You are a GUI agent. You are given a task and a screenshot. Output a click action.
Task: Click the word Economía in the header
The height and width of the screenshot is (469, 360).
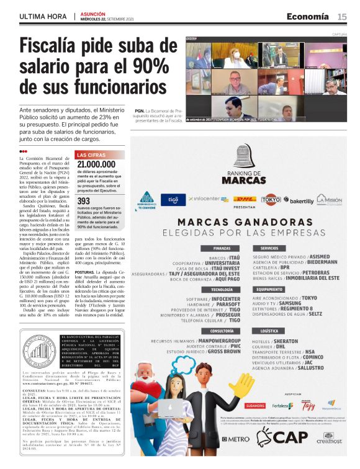point(307,17)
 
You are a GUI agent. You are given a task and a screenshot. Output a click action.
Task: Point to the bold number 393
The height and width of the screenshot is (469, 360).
point(83,201)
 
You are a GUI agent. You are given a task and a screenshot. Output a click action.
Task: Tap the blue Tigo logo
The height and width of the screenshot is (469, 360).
point(169,200)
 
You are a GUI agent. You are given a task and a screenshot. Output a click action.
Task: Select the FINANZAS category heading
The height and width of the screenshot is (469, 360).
point(204,248)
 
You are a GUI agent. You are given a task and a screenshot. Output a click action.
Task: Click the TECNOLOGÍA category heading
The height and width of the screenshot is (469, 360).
point(204,290)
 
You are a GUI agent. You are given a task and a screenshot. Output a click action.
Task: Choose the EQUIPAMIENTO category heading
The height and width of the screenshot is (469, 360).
point(269,290)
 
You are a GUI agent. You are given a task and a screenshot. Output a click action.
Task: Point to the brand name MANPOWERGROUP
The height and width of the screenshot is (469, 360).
point(215,341)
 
